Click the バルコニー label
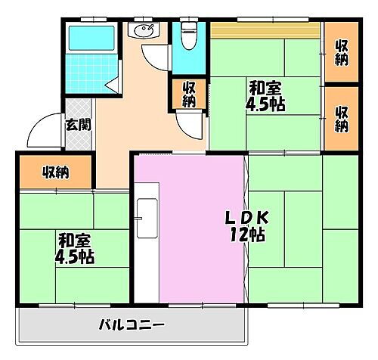132,326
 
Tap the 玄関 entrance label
77,124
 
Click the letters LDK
241,217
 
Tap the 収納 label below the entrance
55,172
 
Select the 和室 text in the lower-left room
75,241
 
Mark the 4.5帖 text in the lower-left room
75,257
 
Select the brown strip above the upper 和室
265,29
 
